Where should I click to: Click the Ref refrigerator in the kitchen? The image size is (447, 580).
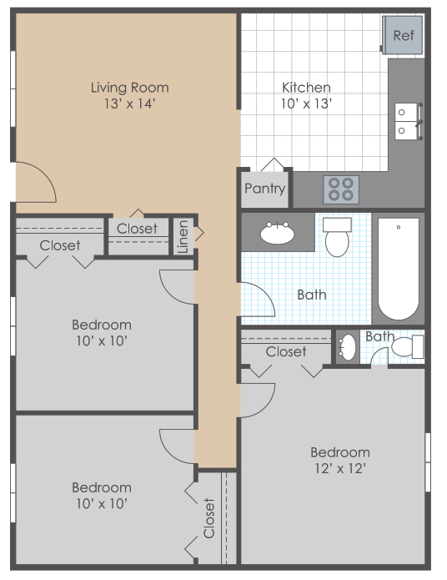pos(403,35)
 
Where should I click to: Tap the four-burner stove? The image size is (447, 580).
pos(340,189)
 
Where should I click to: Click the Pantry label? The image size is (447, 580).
pos(264,189)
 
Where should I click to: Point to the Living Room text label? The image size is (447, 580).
pos(129,87)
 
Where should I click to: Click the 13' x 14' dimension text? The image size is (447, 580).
pos(129,103)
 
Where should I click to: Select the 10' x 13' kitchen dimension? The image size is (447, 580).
pos(306,103)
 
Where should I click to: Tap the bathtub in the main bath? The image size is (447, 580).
pos(399,269)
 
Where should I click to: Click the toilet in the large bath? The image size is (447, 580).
pos(338,239)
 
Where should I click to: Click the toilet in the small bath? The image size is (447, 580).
pos(407,346)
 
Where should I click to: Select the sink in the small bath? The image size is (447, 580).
pos(347,347)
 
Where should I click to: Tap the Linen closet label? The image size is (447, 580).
pos(183,236)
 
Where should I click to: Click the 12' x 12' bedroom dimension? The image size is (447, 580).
pos(339,468)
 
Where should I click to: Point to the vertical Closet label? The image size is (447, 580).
pos(208,517)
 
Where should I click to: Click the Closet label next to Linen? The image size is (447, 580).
pos(137,229)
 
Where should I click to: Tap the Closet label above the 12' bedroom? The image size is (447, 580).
pos(286,352)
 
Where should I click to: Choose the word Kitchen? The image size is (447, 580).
pos(306,87)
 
